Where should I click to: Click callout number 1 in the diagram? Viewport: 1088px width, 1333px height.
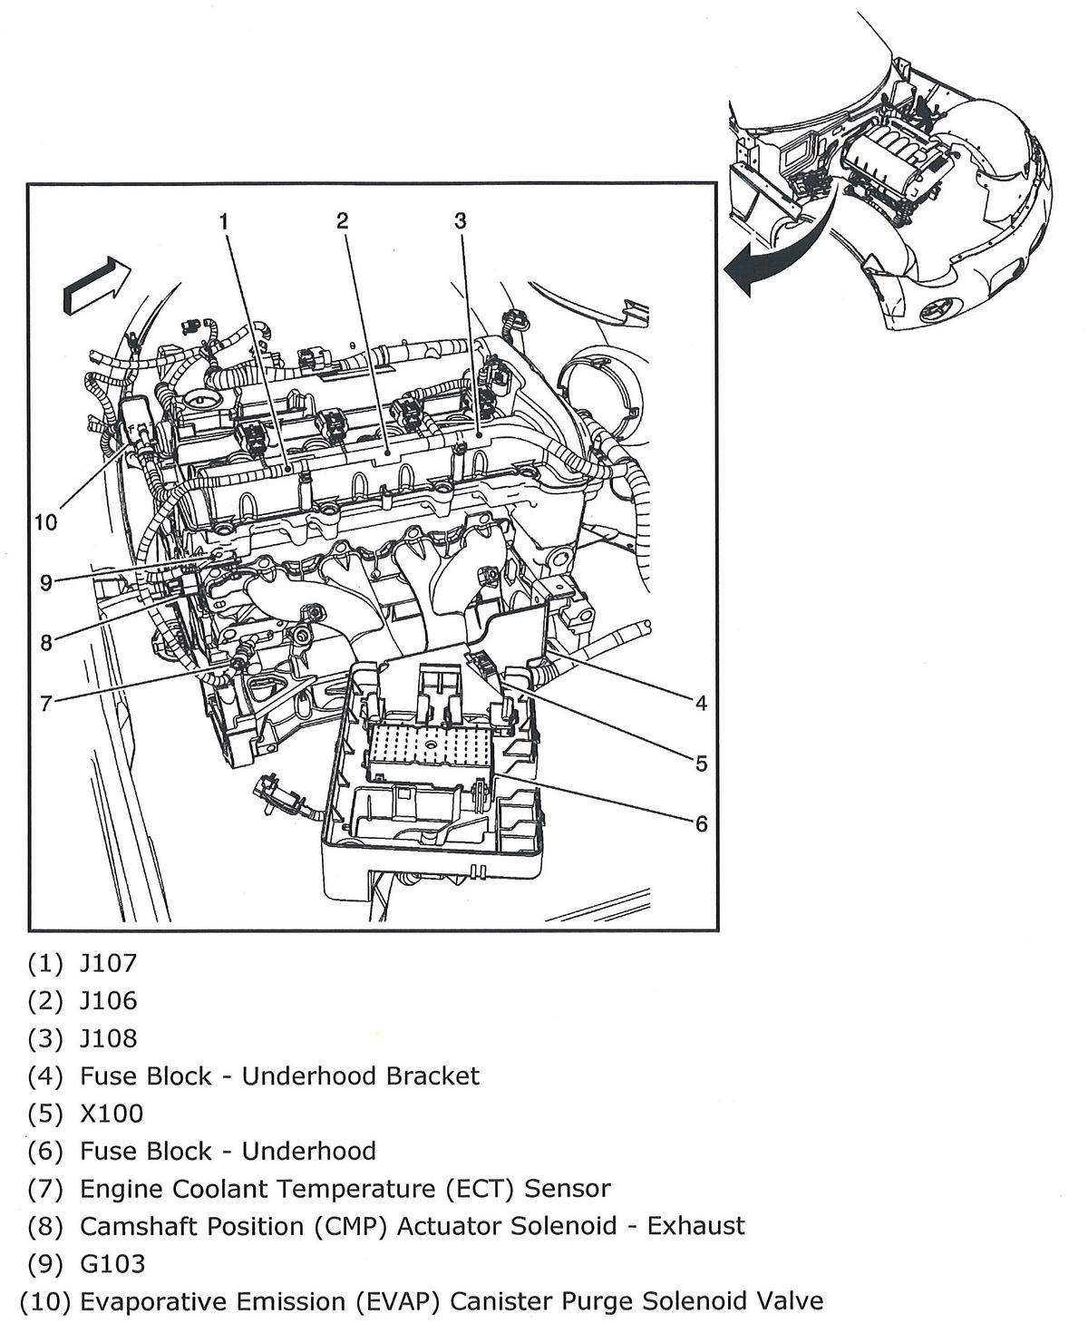tap(224, 220)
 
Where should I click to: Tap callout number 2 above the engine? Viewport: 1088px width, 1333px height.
tap(342, 220)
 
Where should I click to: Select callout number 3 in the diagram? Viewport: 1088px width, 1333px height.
tap(461, 220)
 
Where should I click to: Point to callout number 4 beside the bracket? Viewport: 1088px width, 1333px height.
tap(701, 703)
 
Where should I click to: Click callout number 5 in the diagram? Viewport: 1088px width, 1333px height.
tap(701, 764)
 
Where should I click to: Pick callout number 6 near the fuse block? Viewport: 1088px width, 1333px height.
tap(701, 823)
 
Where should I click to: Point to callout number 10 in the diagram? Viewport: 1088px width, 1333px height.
tap(45, 522)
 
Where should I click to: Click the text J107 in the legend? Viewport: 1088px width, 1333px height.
tap(108, 962)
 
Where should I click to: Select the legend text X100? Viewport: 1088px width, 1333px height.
tap(112, 1113)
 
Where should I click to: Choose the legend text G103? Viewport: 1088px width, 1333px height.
tap(112, 1263)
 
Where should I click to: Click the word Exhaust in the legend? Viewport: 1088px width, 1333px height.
tap(695, 1226)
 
